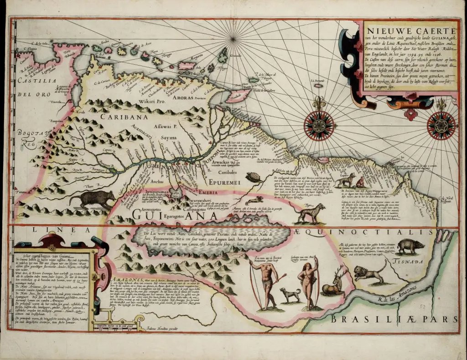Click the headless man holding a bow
pos(265,283)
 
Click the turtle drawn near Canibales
pos(252,175)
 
